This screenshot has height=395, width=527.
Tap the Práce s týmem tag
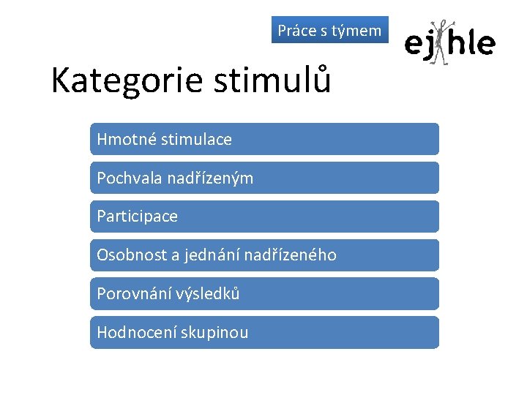tap(329, 30)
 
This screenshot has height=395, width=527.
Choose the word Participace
tap(137, 217)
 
